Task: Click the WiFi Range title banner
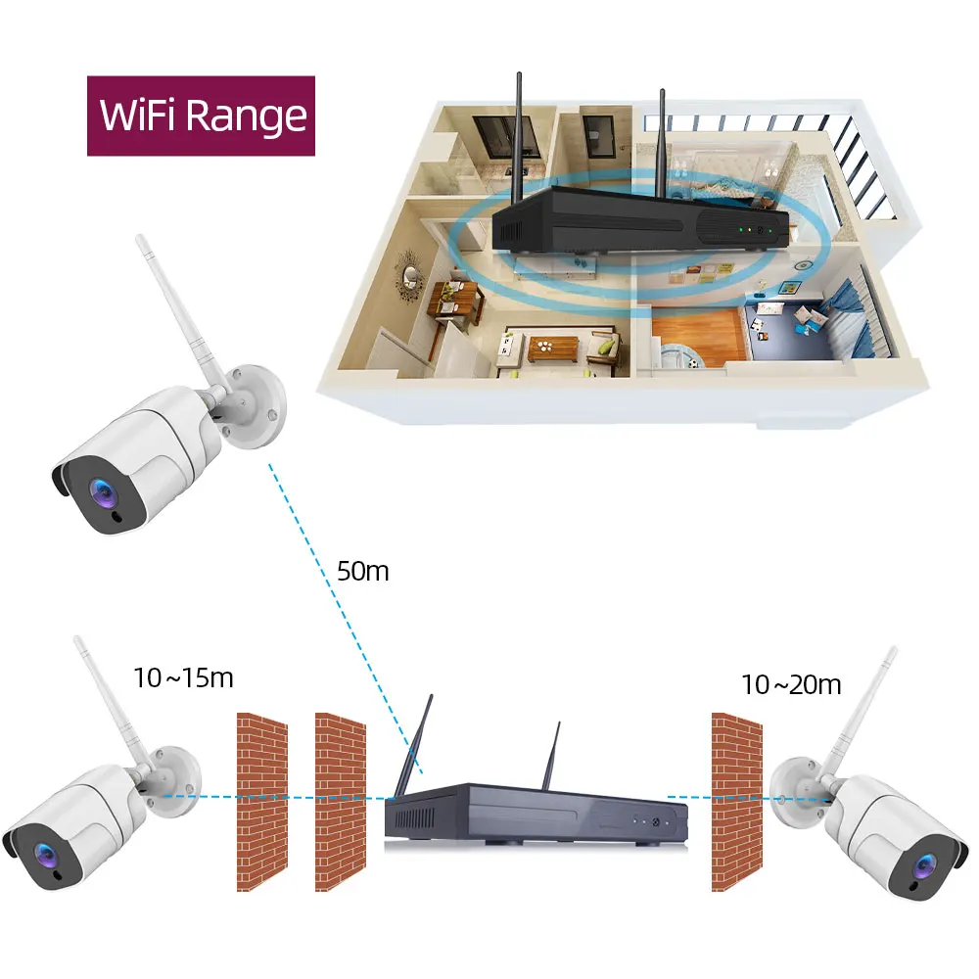(x=202, y=116)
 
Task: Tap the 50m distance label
(x=362, y=571)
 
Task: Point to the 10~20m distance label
(x=791, y=684)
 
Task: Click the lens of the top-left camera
(x=100, y=491)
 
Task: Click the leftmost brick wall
(x=262, y=801)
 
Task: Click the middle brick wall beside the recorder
(x=340, y=801)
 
